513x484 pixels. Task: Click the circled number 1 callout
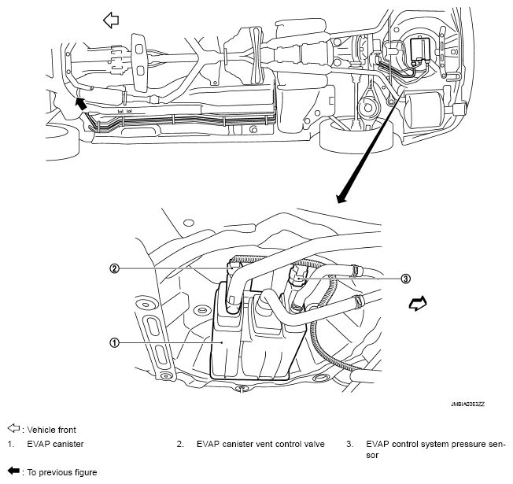115,343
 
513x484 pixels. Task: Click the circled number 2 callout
115,268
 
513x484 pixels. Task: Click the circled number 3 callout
405,278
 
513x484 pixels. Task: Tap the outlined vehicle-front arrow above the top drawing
111,19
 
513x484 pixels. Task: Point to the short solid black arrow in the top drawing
81,102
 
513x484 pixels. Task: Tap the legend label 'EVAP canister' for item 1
55,444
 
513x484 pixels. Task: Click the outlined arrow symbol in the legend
13,429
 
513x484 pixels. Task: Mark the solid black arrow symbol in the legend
13,472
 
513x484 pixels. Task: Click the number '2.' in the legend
180,444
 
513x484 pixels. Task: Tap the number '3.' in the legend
349,444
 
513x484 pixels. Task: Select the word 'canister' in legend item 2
236,444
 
